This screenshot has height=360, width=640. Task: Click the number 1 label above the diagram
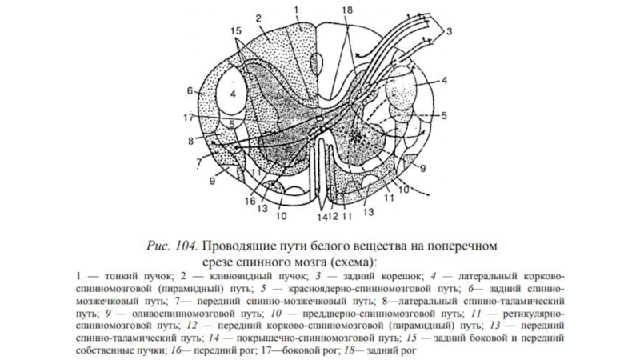pyautogui.click(x=296, y=10)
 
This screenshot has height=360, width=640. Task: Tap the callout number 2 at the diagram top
pyautogui.click(x=259, y=18)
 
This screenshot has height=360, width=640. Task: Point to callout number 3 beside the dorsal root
pyautogui.click(x=450, y=31)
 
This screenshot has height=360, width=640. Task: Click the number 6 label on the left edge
pyautogui.click(x=190, y=89)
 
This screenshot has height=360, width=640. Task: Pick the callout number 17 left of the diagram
pyautogui.click(x=187, y=118)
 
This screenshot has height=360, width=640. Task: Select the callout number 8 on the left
pyautogui.click(x=190, y=141)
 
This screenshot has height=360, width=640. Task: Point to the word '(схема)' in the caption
pyautogui.click(x=351, y=261)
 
